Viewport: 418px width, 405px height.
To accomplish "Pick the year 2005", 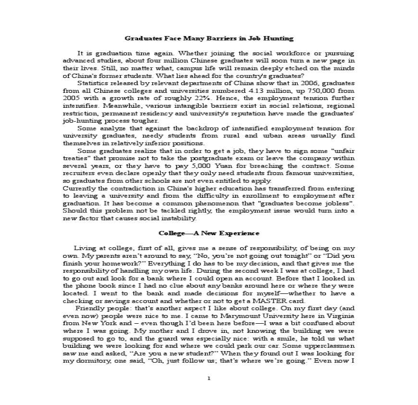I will point(72,98).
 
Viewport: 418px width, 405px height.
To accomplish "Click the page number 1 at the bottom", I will point(209,378).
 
